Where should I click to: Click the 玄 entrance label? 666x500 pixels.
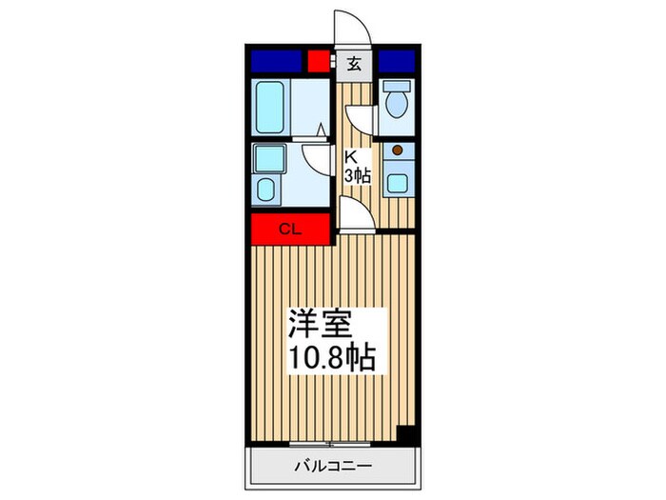pyautogui.click(x=353, y=65)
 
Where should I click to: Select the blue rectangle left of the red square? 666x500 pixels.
pyautogui.click(x=275, y=62)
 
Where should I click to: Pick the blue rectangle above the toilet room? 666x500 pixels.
pyautogui.click(x=398, y=62)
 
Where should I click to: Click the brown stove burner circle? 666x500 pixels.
pyautogui.click(x=397, y=150)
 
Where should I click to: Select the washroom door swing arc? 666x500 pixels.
pyautogui.click(x=314, y=156)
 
